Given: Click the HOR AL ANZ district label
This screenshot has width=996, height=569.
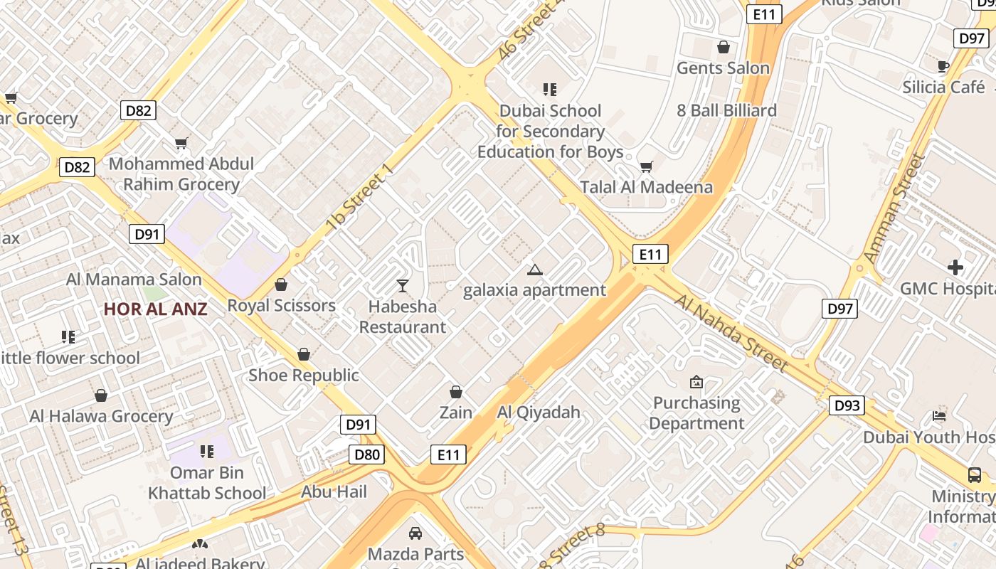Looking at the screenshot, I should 155,309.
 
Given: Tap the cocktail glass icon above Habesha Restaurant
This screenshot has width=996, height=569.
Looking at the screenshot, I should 403,286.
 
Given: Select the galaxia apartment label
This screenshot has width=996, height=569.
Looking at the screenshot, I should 534,290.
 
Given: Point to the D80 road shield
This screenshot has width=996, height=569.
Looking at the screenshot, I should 367,454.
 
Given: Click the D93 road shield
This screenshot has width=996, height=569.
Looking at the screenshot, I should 846,405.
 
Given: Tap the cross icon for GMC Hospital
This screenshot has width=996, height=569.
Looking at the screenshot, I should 955,267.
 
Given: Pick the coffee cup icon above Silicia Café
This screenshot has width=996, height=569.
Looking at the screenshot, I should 943,66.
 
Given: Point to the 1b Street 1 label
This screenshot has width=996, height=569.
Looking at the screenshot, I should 359,198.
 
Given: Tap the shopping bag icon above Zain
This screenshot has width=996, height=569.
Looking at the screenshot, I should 456,392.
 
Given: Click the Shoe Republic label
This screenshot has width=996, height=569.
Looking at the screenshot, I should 304,375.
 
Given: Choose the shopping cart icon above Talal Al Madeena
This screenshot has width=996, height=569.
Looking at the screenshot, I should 646,166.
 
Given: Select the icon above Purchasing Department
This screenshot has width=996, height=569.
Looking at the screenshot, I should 696,382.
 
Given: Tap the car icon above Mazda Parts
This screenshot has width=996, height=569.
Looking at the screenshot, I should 415,533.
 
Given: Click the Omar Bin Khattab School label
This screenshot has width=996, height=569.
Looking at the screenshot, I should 207,482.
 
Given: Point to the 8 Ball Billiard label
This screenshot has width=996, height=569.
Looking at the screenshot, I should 726,110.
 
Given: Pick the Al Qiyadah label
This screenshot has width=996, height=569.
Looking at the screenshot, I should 539,412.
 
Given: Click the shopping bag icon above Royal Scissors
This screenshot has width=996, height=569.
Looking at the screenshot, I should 281,284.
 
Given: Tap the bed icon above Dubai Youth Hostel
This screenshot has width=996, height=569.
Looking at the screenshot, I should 939,416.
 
